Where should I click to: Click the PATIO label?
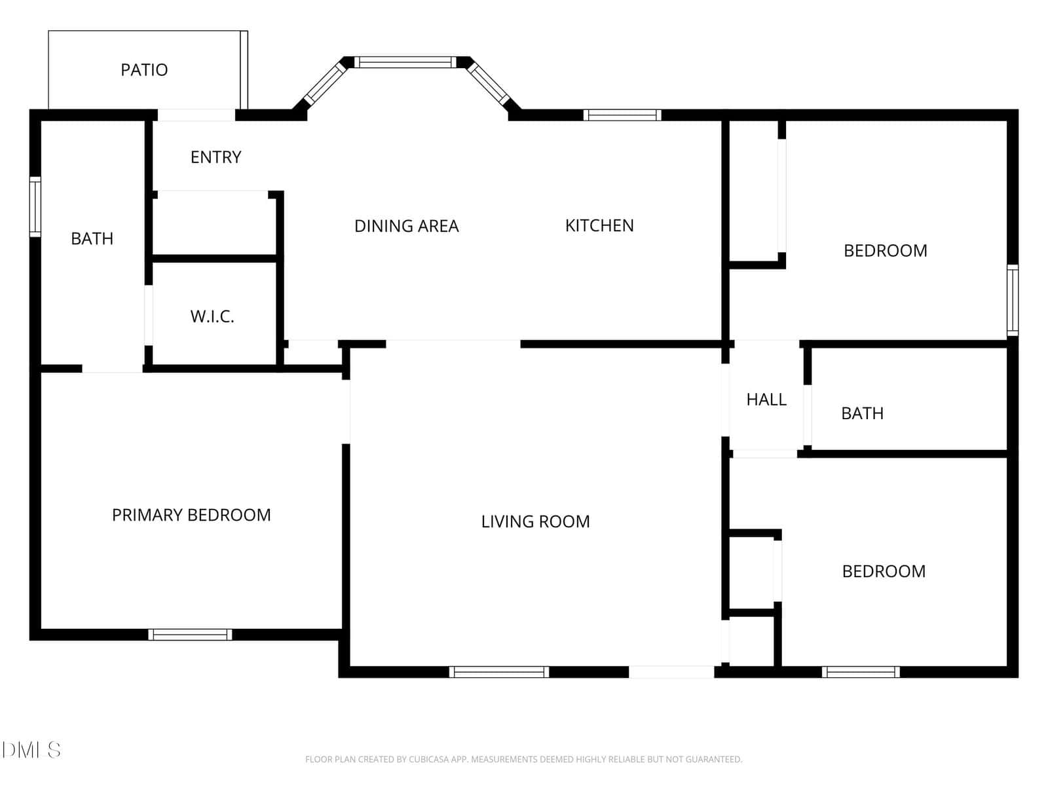pyautogui.click(x=144, y=70)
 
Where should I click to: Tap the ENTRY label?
pyautogui.click(x=215, y=157)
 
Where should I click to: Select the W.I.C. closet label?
pyautogui.click(x=212, y=316)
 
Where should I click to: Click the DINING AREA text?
pyautogui.click(x=406, y=226)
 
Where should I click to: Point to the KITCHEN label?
pyautogui.click(x=599, y=226)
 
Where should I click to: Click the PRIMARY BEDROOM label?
pyautogui.click(x=191, y=515)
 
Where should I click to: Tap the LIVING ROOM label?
pyautogui.click(x=535, y=521)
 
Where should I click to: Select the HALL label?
pyautogui.click(x=766, y=400)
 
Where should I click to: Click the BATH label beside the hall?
pyautogui.click(x=862, y=413)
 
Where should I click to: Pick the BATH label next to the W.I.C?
pyautogui.click(x=92, y=238)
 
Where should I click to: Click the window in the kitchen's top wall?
pyautogui.click(x=622, y=115)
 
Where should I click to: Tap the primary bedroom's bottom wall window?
pyautogui.click(x=190, y=635)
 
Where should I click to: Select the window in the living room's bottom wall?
pyautogui.click(x=499, y=672)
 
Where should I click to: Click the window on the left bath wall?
pyautogui.click(x=35, y=206)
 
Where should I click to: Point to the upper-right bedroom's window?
pyautogui.click(x=1013, y=300)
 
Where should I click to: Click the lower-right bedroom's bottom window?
pyautogui.click(x=861, y=672)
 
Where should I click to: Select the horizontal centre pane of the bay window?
pyautogui.click(x=405, y=62)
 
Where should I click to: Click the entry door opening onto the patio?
pyautogui.click(x=196, y=115)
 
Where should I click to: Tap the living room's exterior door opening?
pyautogui.click(x=671, y=672)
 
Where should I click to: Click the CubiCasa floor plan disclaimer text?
pyautogui.click(x=524, y=759)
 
